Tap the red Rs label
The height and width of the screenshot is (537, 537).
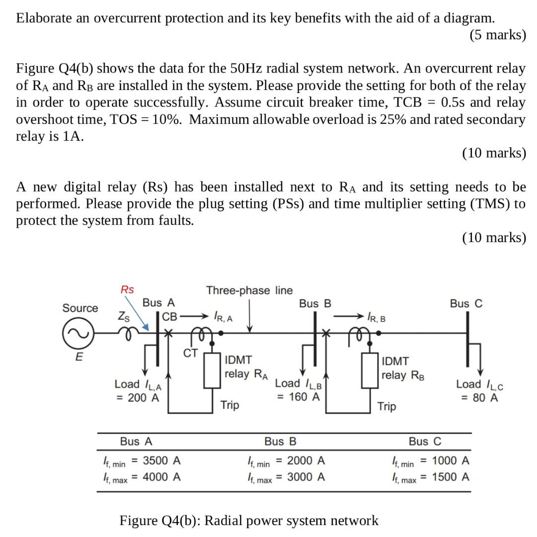point(128,289)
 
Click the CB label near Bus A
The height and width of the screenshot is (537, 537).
point(170,316)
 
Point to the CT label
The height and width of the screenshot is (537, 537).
point(191,353)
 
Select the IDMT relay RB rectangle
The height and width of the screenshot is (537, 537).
point(370,370)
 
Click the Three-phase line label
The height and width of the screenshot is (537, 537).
point(249,290)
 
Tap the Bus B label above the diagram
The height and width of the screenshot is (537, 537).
point(315,303)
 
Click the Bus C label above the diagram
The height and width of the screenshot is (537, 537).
point(466,303)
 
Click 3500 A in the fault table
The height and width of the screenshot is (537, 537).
point(161,460)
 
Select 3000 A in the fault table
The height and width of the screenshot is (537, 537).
point(306,477)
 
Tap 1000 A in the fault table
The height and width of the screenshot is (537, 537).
point(451,460)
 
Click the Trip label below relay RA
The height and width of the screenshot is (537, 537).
point(230,405)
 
